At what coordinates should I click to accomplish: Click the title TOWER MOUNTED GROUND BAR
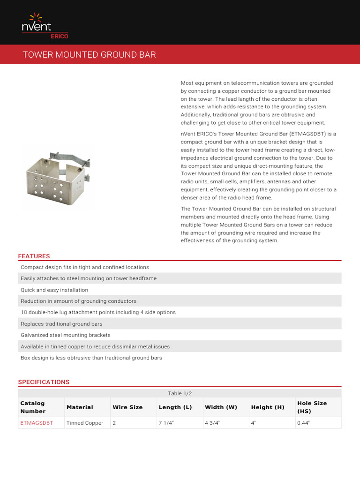pyautogui.click(x=89, y=55)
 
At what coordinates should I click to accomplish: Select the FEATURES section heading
pyautogui.click(x=34, y=256)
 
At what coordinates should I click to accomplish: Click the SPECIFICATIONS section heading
pyautogui.click(x=44, y=382)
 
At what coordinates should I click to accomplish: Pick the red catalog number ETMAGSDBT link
pyautogui.click(x=37, y=423)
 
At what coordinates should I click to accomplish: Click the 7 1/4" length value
pyautogui.click(x=166, y=423)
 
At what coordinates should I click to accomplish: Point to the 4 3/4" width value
pyautogui.click(x=212, y=423)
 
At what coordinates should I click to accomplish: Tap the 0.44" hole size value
pyautogui.click(x=304, y=423)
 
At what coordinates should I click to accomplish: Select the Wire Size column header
pyautogui.click(x=127, y=407)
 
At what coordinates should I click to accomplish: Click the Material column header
pyautogui.click(x=80, y=407)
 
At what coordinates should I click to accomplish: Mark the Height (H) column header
pyautogui.click(x=268, y=407)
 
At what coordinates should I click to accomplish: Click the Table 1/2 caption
pyautogui.click(x=180, y=393)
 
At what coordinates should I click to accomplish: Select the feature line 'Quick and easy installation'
pyautogui.click(x=54, y=290)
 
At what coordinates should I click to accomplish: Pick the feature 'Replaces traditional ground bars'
pyautogui.click(x=61, y=324)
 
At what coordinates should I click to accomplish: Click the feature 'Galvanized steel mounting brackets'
pyautogui.click(x=66, y=335)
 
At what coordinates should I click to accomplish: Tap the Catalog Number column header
pyautogui.click(x=33, y=407)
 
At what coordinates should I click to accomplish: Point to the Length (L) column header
pyautogui.click(x=175, y=407)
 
